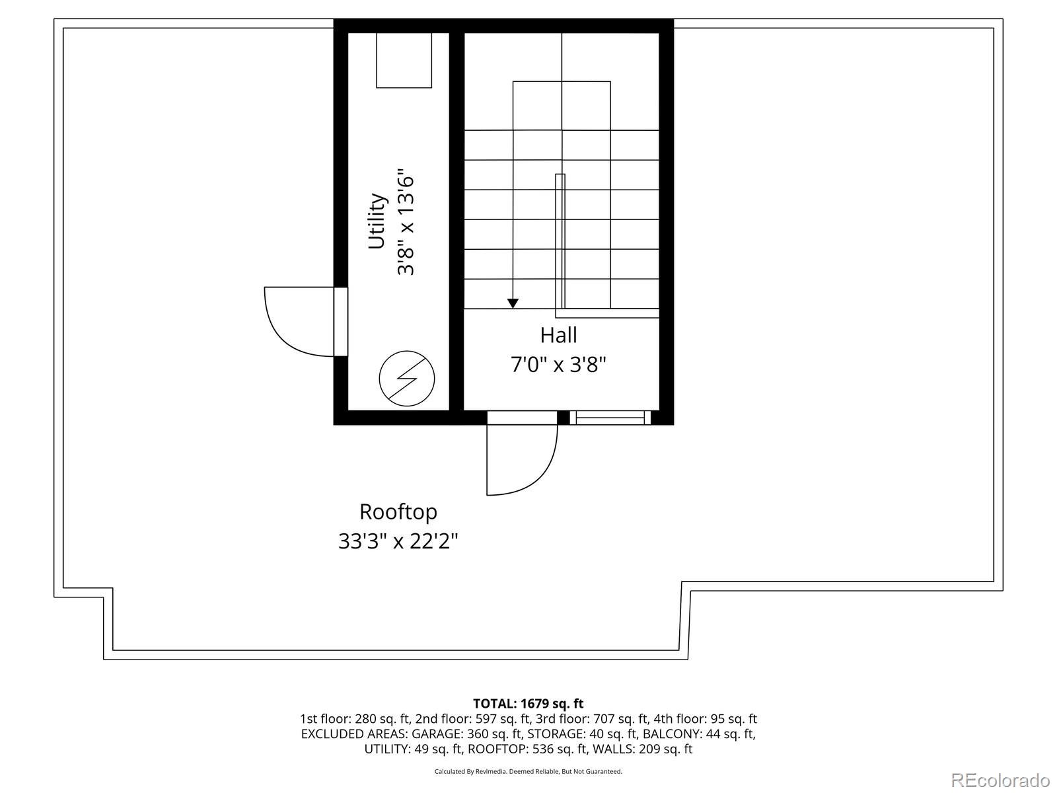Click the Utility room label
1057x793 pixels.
377,221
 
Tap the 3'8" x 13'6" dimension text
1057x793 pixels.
405,225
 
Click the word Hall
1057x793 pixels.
558,335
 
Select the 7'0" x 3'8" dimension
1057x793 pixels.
558,364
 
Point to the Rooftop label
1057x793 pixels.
398,511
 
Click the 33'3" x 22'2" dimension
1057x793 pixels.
398,541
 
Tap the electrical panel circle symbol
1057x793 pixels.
407,379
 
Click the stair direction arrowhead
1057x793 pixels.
513,303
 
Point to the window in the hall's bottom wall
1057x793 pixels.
610,418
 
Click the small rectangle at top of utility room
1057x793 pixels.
404,59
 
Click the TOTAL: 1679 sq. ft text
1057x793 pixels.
528,703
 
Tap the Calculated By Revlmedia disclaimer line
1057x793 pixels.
528,771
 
